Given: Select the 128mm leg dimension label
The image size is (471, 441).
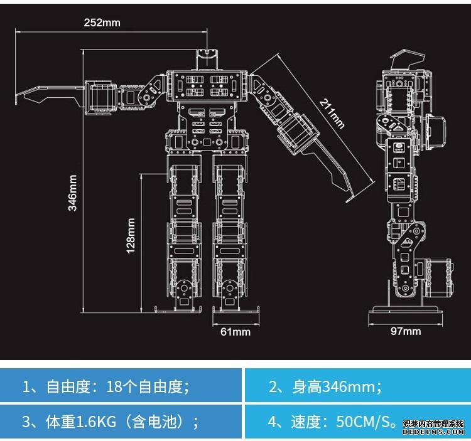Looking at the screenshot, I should [131, 235].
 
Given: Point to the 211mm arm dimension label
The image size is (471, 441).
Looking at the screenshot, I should [332, 113].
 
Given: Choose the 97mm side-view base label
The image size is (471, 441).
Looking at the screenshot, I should [405, 331].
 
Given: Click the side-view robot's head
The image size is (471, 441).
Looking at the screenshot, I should [403, 63].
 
